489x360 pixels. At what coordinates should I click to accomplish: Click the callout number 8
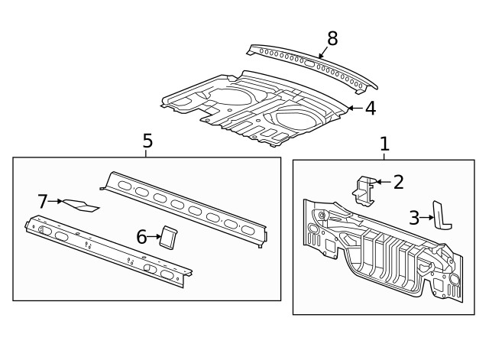tap(332, 37)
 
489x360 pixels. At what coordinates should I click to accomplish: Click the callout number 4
tap(370, 109)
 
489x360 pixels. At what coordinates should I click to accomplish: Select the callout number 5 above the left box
tap(147, 141)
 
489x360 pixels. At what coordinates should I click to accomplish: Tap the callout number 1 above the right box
tap(384, 143)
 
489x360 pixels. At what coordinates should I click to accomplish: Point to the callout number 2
tap(398, 181)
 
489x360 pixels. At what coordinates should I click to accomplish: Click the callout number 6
tap(141, 237)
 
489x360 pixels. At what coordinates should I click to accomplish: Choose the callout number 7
tap(43, 201)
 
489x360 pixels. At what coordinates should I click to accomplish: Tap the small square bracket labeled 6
tap(169, 237)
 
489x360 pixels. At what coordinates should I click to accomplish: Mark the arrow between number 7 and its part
tap(57, 201)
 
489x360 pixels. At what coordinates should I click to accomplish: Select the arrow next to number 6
tap(154, 237)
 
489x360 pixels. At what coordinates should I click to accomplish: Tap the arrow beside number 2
tap(384, 181)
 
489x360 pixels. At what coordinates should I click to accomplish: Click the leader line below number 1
tap(384, 155)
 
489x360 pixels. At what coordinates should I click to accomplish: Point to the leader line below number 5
tap(147, 153)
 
